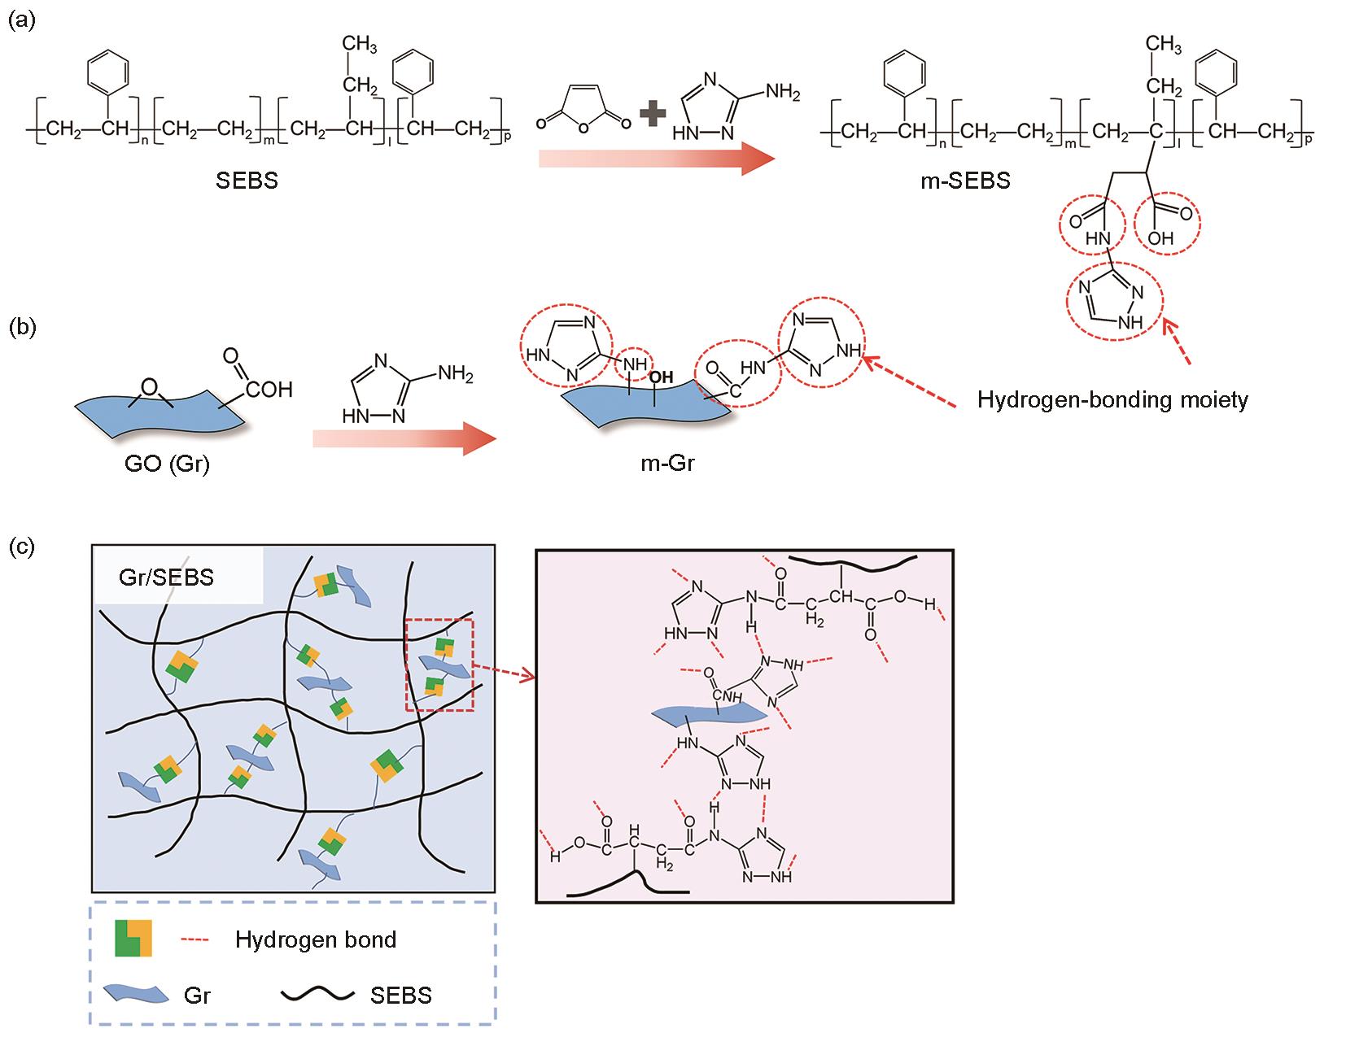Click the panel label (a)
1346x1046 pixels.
[x=22, y=21]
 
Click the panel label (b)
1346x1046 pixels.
[x=22, y=327]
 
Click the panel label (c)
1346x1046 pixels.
[x=22, y=547]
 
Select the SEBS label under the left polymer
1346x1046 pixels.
[x=247, y=181]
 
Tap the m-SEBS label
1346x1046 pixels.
[x=965, y=181]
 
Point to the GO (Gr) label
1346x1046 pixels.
[x=168, y=463]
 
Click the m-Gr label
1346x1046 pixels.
[x=667, y=463]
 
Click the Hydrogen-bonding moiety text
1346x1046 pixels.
[x=1112, y=400]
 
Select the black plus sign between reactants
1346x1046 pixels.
[x=653, y=114]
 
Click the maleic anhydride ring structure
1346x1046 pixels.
[x=583, y=108]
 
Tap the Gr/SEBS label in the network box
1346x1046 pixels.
[x=166, y=577]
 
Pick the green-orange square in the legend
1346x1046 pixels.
[x=133, y=939]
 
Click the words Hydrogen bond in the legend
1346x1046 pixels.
[x=316, y=939]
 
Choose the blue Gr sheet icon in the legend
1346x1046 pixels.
[x=136, y=993]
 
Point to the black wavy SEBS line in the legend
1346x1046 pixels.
[x=317, y=995]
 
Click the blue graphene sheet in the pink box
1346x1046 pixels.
[x=710, y=713]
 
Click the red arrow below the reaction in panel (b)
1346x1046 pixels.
[x=404, y=439]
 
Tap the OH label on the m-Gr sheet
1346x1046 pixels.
[x=661, y=377]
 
